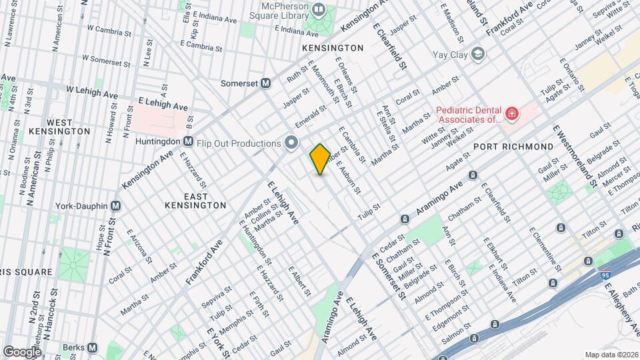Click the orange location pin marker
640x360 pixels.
pos(320,159)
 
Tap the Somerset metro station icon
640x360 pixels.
pos(265,83)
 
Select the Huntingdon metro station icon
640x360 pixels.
pos(189,141)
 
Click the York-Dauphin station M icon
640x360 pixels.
pos(116,205)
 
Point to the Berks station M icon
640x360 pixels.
pos(93,347)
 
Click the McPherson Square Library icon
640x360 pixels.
pos(319,10)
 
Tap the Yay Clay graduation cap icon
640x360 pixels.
pos(477,53)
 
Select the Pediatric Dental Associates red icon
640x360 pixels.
pos(511,115)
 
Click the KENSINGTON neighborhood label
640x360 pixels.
pos(333,48)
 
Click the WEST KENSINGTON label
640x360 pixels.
pos(59,127)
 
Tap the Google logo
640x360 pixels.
pos(21,351)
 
